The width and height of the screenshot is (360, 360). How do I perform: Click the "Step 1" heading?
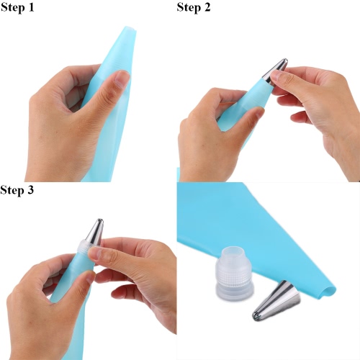click(17, 7)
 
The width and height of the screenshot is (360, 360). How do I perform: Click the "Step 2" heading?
click(194, 7)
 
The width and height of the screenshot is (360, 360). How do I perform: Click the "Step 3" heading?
click(17, 190)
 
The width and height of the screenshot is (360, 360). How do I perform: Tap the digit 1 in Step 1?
click(31, 7)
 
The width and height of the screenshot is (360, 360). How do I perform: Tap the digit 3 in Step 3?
click(30, 190)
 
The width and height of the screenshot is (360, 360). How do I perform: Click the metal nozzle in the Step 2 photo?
click(275, 71)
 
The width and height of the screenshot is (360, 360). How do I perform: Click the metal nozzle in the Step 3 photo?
click(95, 232)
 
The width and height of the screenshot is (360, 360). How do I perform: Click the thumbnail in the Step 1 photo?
click(122, 78)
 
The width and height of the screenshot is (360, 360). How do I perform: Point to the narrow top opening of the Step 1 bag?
click(130, 30)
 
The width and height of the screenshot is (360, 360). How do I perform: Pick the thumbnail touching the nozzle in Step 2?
click(276, 77)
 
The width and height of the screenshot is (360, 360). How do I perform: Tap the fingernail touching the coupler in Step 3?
click(94, 254)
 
